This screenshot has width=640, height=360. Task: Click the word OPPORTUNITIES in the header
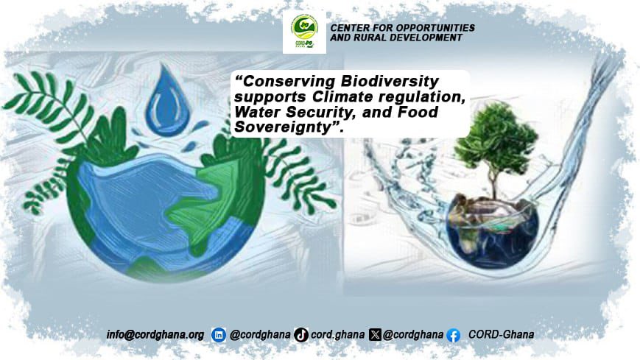click(433, 27)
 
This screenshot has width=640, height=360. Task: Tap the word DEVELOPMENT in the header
click(428, 37)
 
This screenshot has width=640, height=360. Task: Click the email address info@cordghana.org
click(155, 334)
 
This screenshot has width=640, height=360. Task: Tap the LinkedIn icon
click(219, 334)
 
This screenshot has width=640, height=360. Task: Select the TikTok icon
click(300, 334)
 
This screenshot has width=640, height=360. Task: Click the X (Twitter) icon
click(376, 334)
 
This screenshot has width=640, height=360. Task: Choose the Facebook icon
click(453, 334)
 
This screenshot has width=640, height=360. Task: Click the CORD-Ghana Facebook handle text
click(501, 334)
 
